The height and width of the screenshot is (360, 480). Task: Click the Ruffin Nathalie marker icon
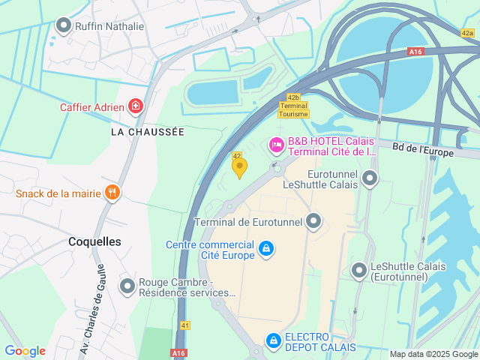click(64, 26)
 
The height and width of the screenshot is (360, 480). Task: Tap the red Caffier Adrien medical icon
click(135, 106)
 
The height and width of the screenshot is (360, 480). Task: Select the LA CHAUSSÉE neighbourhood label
click(147, 131)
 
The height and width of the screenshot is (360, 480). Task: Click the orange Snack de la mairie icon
click(112, 193)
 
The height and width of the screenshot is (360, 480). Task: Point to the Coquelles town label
click(94, 241)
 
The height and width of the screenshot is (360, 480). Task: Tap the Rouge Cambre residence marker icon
click(127, 286)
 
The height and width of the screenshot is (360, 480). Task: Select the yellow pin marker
click(239, 168)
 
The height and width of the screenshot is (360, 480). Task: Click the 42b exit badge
click(293, 97)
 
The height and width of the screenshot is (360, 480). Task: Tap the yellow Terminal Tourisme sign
click(293, 109)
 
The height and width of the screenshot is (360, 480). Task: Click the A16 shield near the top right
click(416, 51)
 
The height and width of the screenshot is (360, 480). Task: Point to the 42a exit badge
click(468, 33)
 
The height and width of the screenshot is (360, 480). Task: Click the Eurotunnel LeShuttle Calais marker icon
click(370, 178)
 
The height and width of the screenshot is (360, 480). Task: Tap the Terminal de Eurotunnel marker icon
click(313, 221)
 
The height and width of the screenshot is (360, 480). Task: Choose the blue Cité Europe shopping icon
click(265, 248)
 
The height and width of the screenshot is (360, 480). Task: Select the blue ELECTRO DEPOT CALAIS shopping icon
click(273, 342)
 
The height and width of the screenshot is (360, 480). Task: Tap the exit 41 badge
click(185, 325)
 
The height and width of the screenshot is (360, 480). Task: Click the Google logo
click(25, 351)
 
